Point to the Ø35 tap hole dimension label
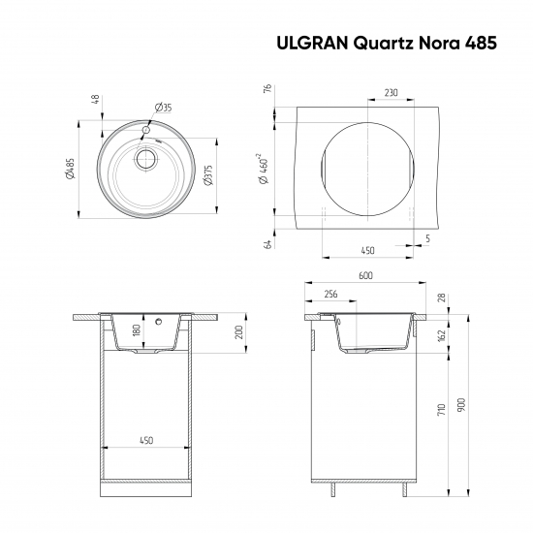[x=163, y=108]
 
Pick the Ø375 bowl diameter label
[x=207, y=174]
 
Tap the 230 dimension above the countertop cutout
[x=390, y=93]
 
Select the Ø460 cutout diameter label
[x=262, y=171]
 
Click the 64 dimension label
[x=266, y=243]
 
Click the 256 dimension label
[x=330, y=294]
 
